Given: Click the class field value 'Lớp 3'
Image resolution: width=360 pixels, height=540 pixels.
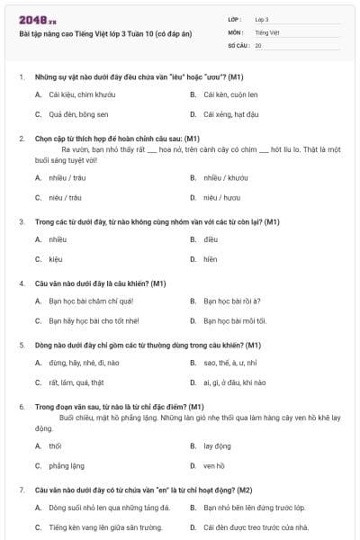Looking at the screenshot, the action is [x=261, y=19].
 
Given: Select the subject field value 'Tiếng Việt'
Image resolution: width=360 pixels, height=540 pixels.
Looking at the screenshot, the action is [x=265, y=31].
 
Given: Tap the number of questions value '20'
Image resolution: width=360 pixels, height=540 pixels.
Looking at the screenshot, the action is [x=258, y=44].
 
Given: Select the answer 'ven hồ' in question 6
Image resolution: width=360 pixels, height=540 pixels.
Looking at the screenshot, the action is [x=214, y=465].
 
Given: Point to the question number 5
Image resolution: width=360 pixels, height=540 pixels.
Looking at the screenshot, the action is [x=22, y=345].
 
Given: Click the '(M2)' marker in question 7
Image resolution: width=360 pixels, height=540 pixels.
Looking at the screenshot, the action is [x=243, y=490].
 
